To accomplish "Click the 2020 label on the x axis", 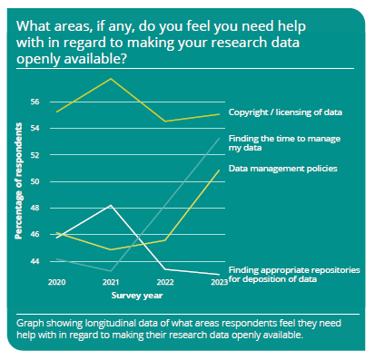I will [57, 283].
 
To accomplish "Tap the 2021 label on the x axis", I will [111, 283].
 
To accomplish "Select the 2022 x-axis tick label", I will [164, 283].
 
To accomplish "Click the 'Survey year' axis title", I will [137, 295].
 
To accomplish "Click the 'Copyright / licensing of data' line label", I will [284, 112].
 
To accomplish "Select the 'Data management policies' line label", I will [282, 169].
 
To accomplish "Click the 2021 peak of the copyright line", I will [111, 79].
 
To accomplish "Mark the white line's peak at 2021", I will [111, 206].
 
